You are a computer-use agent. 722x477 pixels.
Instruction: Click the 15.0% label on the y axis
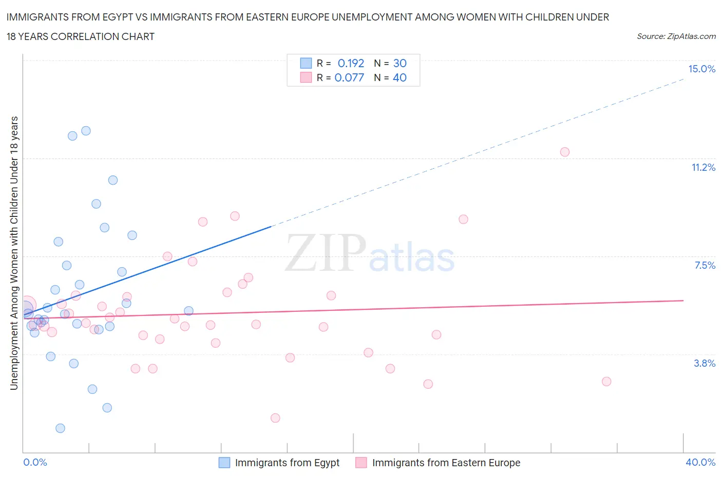click(701, 69)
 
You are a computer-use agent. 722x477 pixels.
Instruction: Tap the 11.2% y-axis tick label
click(703, 167)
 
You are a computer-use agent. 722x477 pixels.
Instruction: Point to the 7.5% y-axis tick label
click(705, 265)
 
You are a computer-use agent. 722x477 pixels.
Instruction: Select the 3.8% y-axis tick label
click(705, 363)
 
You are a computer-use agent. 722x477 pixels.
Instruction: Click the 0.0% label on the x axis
click(35, 462)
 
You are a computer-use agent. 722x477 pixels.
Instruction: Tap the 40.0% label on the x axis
click(700, 462)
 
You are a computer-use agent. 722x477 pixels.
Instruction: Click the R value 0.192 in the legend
click(351, 63)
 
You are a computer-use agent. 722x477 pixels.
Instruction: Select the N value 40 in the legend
click(400, 77)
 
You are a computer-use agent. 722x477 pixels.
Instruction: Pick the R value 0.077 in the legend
click(349, 77)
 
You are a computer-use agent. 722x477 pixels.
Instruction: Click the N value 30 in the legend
click(400, 63)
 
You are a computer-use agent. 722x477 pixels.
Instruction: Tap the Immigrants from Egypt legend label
click(287, 463)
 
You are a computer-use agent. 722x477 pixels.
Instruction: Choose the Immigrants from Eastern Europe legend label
click(446, 463)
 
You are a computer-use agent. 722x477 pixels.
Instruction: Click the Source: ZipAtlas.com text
click(676, 36)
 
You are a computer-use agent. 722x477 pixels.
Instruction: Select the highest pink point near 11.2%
click(565, 152)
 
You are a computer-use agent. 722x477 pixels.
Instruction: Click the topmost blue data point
click(86, 131)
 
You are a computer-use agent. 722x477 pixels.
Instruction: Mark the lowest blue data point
click(60, 428)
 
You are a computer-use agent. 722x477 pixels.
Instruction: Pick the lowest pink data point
click(275, 418)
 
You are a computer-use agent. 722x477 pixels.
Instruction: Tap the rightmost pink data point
click(606, 382)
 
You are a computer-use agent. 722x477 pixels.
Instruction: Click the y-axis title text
click(14, 253)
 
